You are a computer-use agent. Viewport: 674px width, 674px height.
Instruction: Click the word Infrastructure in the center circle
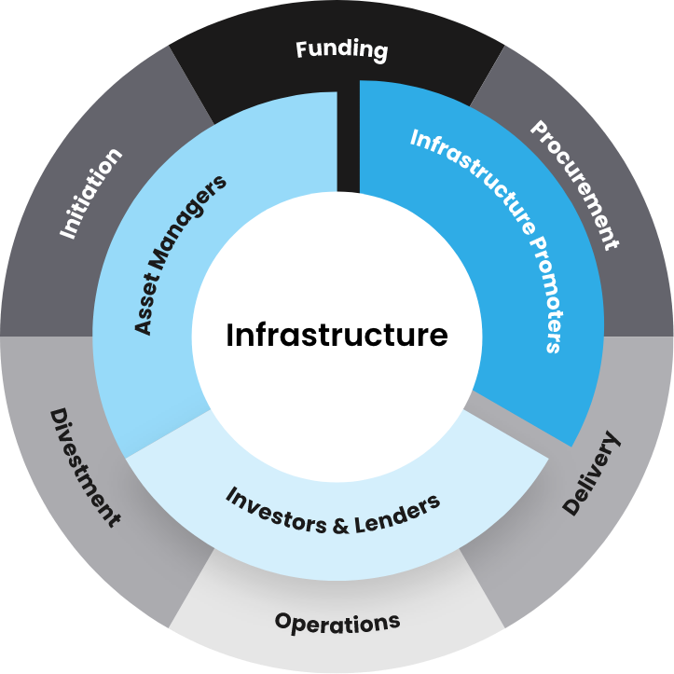[x=337, y=334]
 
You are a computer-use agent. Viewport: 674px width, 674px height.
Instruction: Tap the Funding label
[x=341, y=48]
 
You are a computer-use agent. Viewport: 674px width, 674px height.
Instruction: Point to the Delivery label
[x=591, y=473]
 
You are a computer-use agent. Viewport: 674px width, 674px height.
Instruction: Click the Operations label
[x=337, y=621]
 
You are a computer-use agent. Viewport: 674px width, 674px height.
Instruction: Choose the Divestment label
[x=85, y=466]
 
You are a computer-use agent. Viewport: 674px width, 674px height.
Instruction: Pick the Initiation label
[x=90, y=193]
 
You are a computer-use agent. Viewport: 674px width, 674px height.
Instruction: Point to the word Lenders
[x=395, y=514]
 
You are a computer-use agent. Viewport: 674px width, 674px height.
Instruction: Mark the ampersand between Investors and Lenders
[x=340, y=525]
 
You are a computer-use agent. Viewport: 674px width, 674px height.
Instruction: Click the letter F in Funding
[x=302, y=47]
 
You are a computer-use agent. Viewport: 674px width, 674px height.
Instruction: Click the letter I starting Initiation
[x=68, y=233]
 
